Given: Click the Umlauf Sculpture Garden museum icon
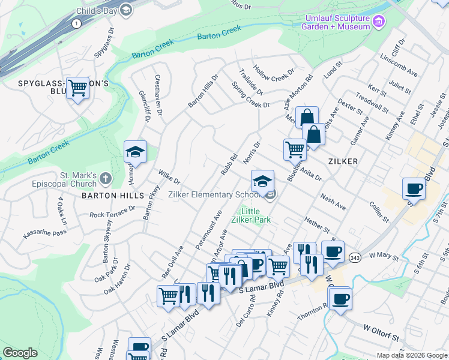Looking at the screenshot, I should pyautogui.click(x=378, y=22).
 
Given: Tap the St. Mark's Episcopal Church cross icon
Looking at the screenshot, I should pyautogui.click(x=106, y=178).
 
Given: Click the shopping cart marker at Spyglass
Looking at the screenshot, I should pyautogui.click(x=78, y=89).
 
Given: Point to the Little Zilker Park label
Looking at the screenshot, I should pyautogui.click(x=256, y=215).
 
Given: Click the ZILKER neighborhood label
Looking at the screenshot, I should pyautogui.click(x=343, y=161).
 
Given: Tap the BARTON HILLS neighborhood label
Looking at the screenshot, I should pyautogui.click(x=115, y=196).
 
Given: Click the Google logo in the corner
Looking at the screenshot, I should pyautogui.click(x=20, y=353).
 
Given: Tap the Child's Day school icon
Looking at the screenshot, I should pyautogui.click(x=126, y=10).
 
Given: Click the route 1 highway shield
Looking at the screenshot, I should pyautogui.click(x=76, y=23).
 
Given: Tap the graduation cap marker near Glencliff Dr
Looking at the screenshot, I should pyautogui.click(x=135, y=152).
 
